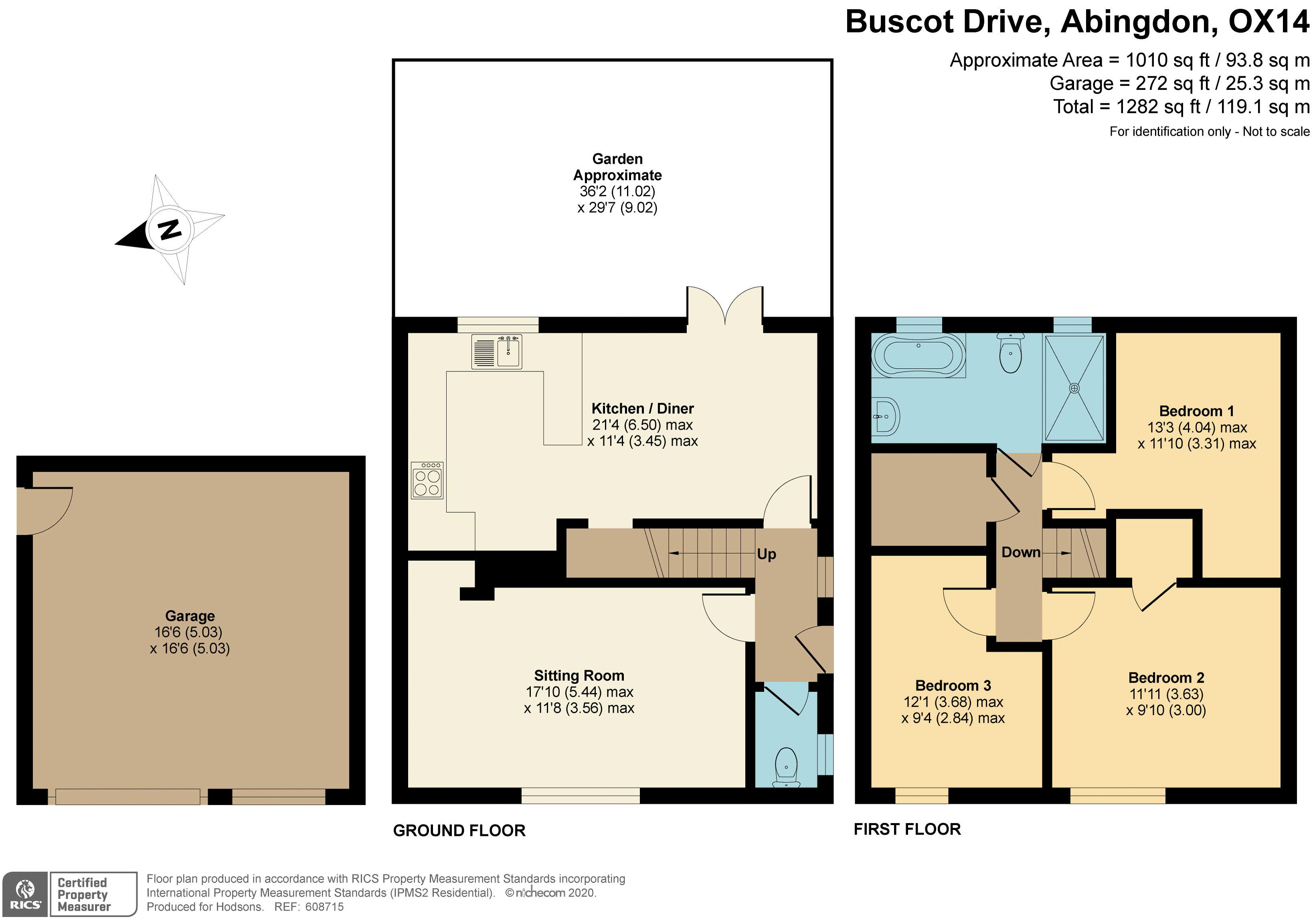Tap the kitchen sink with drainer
click(497, 351)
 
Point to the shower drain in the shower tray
click(1074, 388)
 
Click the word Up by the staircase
click(766, 554)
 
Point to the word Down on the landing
click(1021, 552)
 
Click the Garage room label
click(190, 616)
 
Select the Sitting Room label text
click(579, 676)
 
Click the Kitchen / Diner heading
click(643, 408)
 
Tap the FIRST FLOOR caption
click(907, 829)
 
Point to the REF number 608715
click(325, 907)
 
